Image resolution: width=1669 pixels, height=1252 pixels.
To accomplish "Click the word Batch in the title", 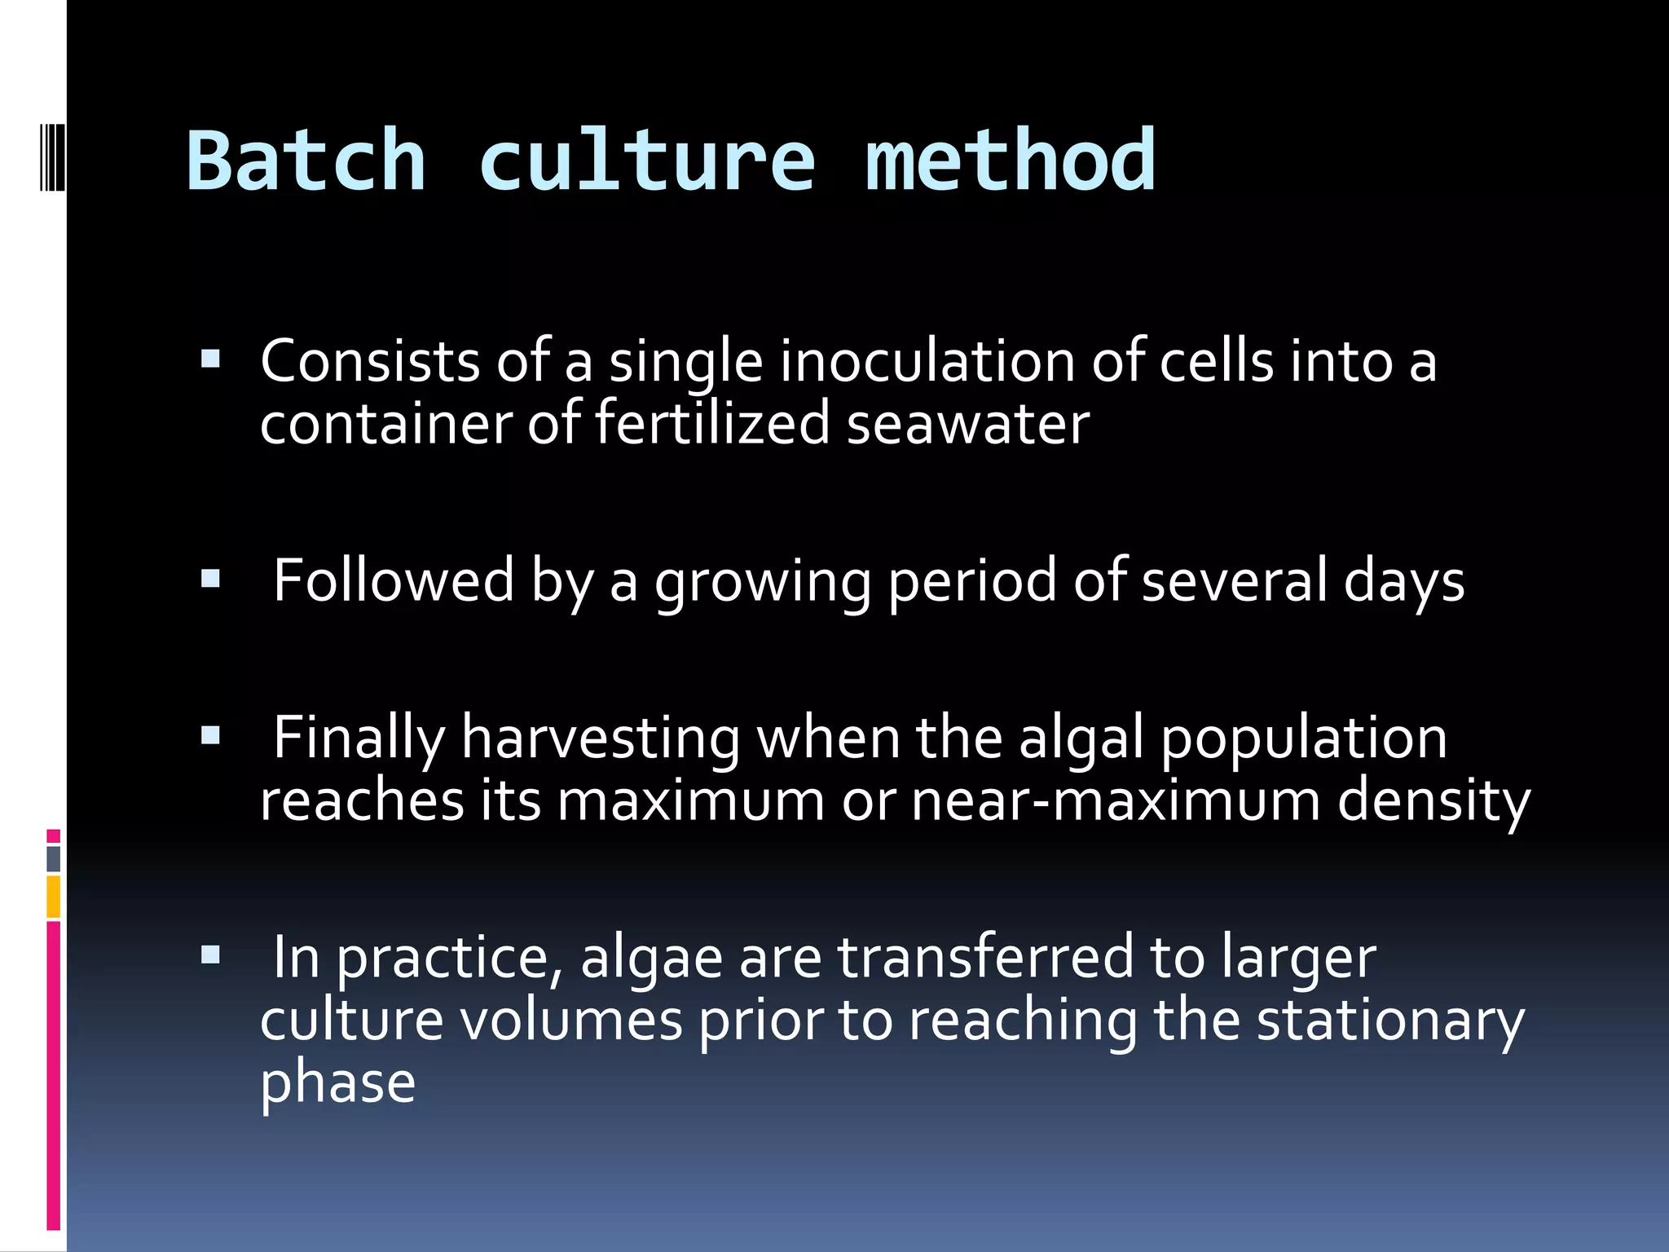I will pos(306,161).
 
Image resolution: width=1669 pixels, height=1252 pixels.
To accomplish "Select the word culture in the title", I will pos(646,161).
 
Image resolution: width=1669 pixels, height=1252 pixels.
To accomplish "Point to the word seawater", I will pos(967,425).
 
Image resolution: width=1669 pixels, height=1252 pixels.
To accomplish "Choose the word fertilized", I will pos(712,425).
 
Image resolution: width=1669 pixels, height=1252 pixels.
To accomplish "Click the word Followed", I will pos(394,580).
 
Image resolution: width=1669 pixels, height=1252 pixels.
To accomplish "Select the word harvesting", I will pos(601,738).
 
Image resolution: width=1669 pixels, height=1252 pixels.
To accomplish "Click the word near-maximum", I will pos(1115,800).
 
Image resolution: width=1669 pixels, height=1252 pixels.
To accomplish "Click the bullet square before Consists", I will pos(210,359).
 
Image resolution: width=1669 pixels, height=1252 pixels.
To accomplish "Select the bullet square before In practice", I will pos(210,954).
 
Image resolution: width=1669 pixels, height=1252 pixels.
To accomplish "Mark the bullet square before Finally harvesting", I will pos(210,736).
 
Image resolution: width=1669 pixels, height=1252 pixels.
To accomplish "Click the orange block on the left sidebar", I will pos(54,897).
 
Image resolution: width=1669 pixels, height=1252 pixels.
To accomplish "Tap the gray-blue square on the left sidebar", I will pos(54,858).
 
